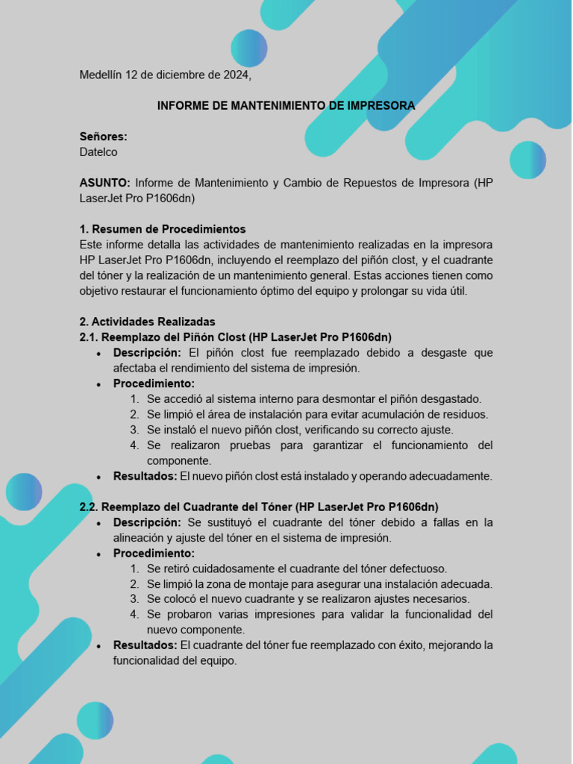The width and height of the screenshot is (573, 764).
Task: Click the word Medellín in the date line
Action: coord(101,75)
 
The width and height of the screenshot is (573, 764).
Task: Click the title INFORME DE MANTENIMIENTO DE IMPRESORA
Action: coord(286,106)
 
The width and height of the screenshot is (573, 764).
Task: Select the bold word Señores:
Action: coord(103,137)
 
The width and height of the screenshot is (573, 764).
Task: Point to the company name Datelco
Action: coord(98,152)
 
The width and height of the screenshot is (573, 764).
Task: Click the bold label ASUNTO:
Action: coord(105,183)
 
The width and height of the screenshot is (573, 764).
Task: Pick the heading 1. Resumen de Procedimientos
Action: coord(163,229)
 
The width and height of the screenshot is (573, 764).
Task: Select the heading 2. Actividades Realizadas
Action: coord(147,322)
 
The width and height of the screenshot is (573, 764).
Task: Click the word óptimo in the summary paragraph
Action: coord(314,291)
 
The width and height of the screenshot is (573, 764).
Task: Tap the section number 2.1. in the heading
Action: coord(89,337)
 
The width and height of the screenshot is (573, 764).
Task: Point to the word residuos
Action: coord(466,414)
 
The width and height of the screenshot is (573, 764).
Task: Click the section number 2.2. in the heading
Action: coord(89,507)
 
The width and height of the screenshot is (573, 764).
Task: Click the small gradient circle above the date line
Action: coord(249,48)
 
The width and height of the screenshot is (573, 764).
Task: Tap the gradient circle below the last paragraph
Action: coord(95,721)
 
